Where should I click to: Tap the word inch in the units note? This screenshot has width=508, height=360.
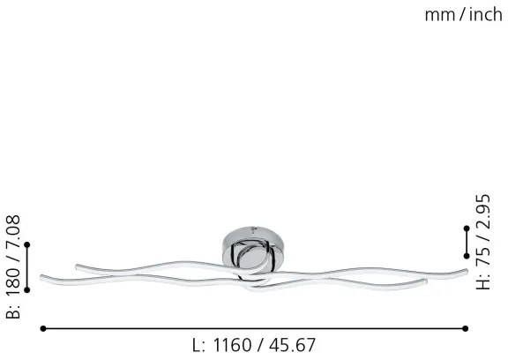(482, 14)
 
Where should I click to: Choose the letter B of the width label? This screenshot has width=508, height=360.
(12, 312)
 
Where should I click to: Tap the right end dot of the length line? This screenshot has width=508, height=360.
(466, 328)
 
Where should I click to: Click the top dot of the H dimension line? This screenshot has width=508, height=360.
(467, 229)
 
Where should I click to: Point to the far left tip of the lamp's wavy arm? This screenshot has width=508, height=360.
(42, 279)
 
